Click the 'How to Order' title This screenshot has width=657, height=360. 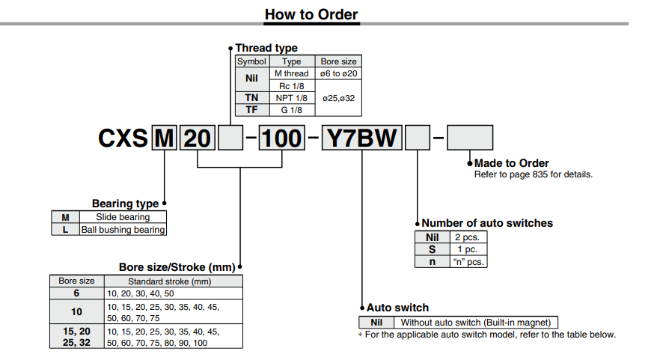pos(311,14)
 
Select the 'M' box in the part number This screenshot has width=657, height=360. pos(164,139)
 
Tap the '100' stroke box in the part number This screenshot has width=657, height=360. pos(281,139)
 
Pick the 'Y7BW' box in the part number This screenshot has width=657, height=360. pos(362,139)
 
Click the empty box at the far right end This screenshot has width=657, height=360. pos(470,139)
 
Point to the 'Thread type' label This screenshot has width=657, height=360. pos(266,48)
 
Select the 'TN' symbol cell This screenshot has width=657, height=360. pos(252,98)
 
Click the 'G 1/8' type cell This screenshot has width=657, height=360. pos(291,109)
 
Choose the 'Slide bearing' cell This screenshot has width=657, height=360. pos(123,217)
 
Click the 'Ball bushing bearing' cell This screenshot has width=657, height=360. pos(123,230)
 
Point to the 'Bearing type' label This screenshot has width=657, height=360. pos(125,204)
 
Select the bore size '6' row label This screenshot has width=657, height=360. pos(76,293)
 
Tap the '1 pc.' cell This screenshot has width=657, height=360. pos(468,249)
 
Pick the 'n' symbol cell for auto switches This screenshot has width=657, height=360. pos(432,262)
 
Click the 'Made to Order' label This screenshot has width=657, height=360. pos(512,163)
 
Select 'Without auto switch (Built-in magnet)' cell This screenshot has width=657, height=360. pos(479,323)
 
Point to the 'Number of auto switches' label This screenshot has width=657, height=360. pos(487,223)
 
